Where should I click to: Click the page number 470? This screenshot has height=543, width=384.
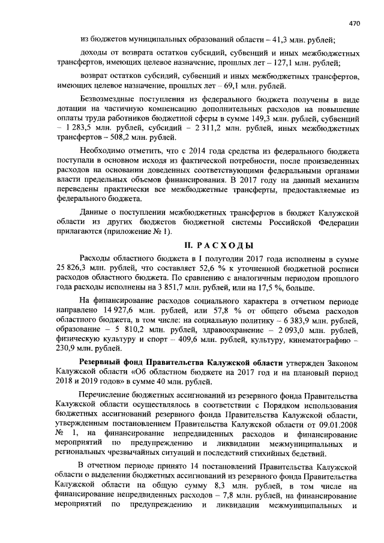coord(353,23)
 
